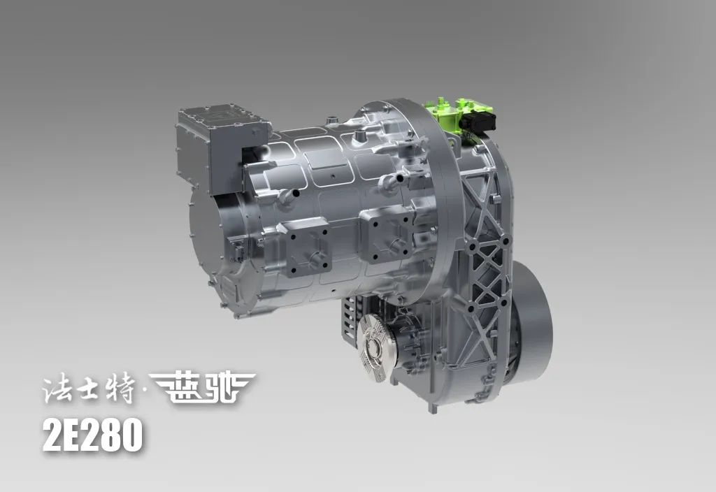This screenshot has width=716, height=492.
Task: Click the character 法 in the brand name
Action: click(x=58, y=389)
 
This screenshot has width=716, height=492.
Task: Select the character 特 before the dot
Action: click(x=120, y=389)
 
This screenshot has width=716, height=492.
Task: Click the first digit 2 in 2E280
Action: click(x=54, y=435)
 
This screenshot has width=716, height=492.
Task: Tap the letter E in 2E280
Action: click(x=77, y=435)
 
